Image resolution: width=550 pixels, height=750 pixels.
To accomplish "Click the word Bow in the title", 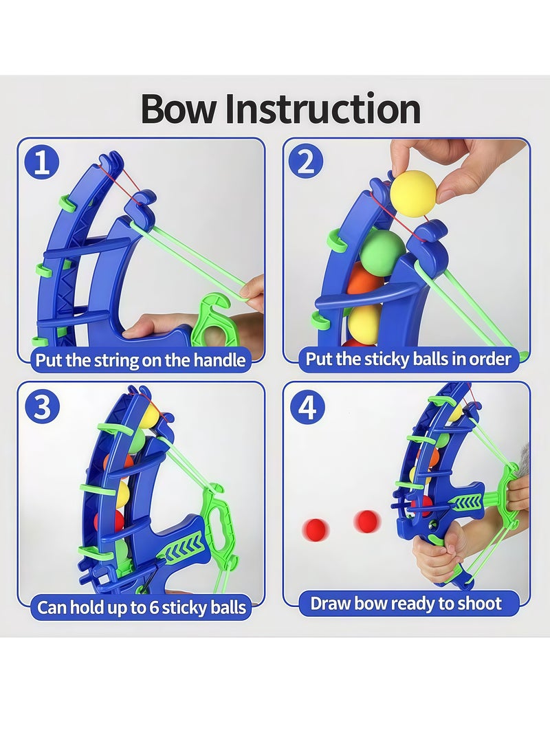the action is pos(178,109).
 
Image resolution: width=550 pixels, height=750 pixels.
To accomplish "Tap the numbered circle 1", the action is pos(42,163).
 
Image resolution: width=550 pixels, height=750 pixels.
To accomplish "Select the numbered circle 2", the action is pos(307,163).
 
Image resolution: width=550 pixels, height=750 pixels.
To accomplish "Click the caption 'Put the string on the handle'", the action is pos(141,360).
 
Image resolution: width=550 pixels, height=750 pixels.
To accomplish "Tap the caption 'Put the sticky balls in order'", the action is pos(408,359).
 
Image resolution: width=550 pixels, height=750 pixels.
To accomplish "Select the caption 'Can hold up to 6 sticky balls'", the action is pos(142,608).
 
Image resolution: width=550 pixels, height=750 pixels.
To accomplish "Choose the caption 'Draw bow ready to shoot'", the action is pos(406,604).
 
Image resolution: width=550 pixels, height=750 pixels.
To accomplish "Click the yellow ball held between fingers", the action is pos(414,193).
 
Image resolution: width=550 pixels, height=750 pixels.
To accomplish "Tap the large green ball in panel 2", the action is pos(382,253).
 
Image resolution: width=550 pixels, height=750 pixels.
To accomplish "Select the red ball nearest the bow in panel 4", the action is pos(367,521).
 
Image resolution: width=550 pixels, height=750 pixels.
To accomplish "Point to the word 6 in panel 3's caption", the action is pos(154,608).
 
